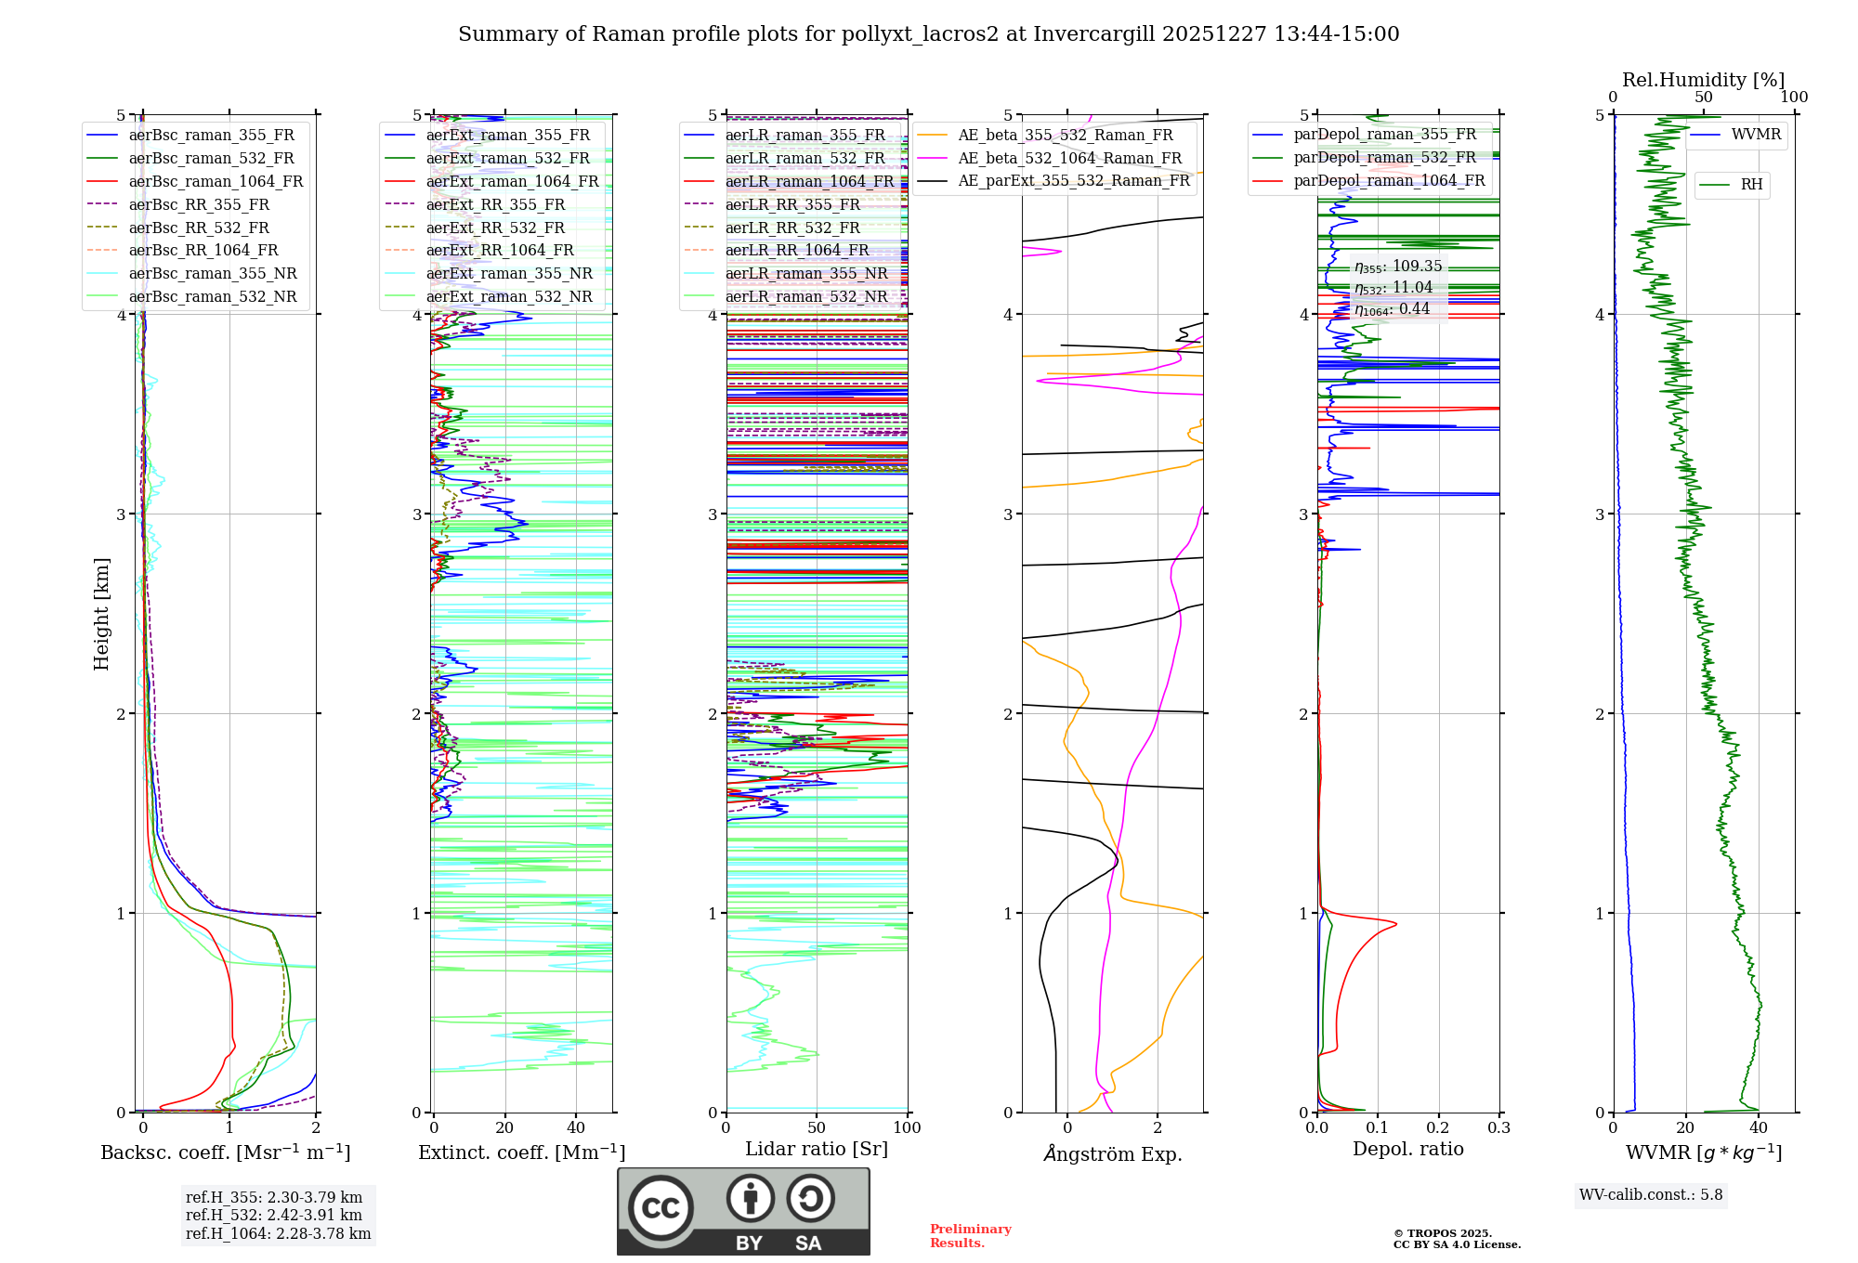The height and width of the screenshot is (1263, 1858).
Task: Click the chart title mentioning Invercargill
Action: click(928, 34)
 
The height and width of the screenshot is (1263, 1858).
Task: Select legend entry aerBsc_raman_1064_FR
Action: click(216, 182)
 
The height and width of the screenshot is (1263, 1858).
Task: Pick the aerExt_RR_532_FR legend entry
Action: click(495, 228)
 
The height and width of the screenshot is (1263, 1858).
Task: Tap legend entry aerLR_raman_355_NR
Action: click(805, 273)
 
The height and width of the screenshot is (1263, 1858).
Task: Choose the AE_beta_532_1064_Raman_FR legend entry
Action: click(1069, 159)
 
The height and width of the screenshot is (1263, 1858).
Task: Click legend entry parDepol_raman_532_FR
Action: click(1384, 158)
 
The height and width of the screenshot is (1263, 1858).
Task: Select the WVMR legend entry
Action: click(1756, 135)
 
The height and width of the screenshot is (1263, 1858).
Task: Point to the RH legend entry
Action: click(1751, 185)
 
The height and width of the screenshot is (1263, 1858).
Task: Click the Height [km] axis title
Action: click(101, 614)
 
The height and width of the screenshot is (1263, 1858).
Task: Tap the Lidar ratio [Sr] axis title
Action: click(817, 1150)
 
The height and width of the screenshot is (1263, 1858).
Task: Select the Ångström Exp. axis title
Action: click(1113, 1154)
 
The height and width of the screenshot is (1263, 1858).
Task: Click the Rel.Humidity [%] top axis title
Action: click(1703, 80)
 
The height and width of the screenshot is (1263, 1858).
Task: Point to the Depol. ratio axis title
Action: click(1407, 1150)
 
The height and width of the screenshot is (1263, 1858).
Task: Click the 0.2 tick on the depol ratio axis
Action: click(1438, 1128)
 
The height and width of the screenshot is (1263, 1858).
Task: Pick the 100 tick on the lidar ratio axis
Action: click(907, 1128)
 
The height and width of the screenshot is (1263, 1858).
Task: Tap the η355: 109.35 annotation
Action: click(1398, 267)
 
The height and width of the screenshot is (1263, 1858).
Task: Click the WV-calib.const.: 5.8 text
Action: click(1651, 1195)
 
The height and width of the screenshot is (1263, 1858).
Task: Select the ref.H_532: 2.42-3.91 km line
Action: click(274, 1216)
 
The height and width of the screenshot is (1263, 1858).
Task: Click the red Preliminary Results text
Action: click(970, 1236)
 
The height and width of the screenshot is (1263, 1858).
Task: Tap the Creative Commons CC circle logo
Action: click(661, 1208)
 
